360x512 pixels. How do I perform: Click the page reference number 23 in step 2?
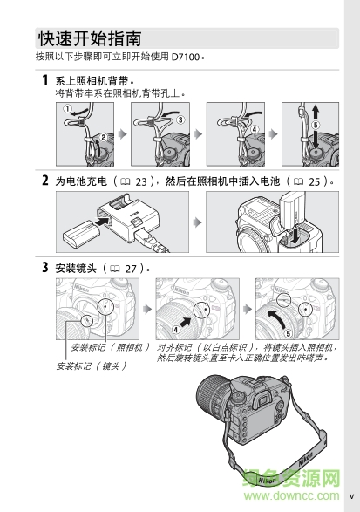point(143,181)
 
